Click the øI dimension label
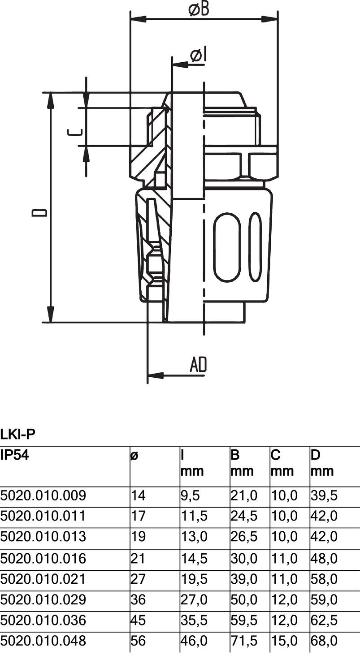point(197,56)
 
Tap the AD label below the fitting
point(198,365)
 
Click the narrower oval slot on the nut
point(255,247)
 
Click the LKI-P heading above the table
point(18,434)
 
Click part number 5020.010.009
point(43,495)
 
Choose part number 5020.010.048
point(43,641)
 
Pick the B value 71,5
point(244,641)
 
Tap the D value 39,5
point(324,495)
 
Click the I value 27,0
point(194,599)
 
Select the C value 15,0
point(284,641)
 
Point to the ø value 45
point(139,620)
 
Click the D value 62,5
point(324,620)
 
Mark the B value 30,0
point(244,558)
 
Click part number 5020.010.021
point(43,579)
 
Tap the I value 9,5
point(190,495)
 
